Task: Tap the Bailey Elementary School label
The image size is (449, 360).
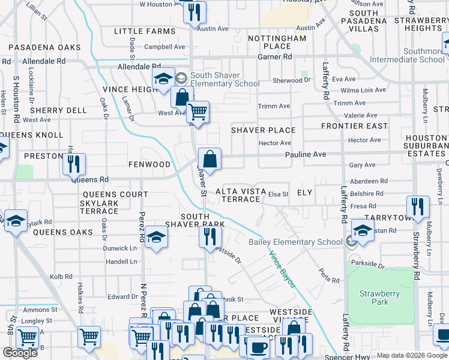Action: pyautogui.click(x=295, y=242)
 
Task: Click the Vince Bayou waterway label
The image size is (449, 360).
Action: pyautogui.click(x=280, y=268)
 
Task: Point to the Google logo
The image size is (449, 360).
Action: pyautogui.click(x=20, y=353)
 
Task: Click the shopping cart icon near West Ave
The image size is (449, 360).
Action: pyautogui.click(x=197, y=111)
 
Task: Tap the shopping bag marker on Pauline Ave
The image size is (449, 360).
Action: pyautogui.click(x=209, y=160)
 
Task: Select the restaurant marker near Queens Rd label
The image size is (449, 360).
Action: pyautogui.click(x=74, y=163)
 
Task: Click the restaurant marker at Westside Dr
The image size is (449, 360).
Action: pyautogui.click(x=210, y=236)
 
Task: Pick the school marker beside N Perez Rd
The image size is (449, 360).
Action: pyautogui.click(x=156, y=237)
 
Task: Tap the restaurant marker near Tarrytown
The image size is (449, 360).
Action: pyautogui.click(x=418, y=206)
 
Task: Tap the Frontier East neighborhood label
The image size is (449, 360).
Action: pyautogui.click(x=354, y=126)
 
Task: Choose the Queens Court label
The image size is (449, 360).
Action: pyautogui.click(x=115, y=194)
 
